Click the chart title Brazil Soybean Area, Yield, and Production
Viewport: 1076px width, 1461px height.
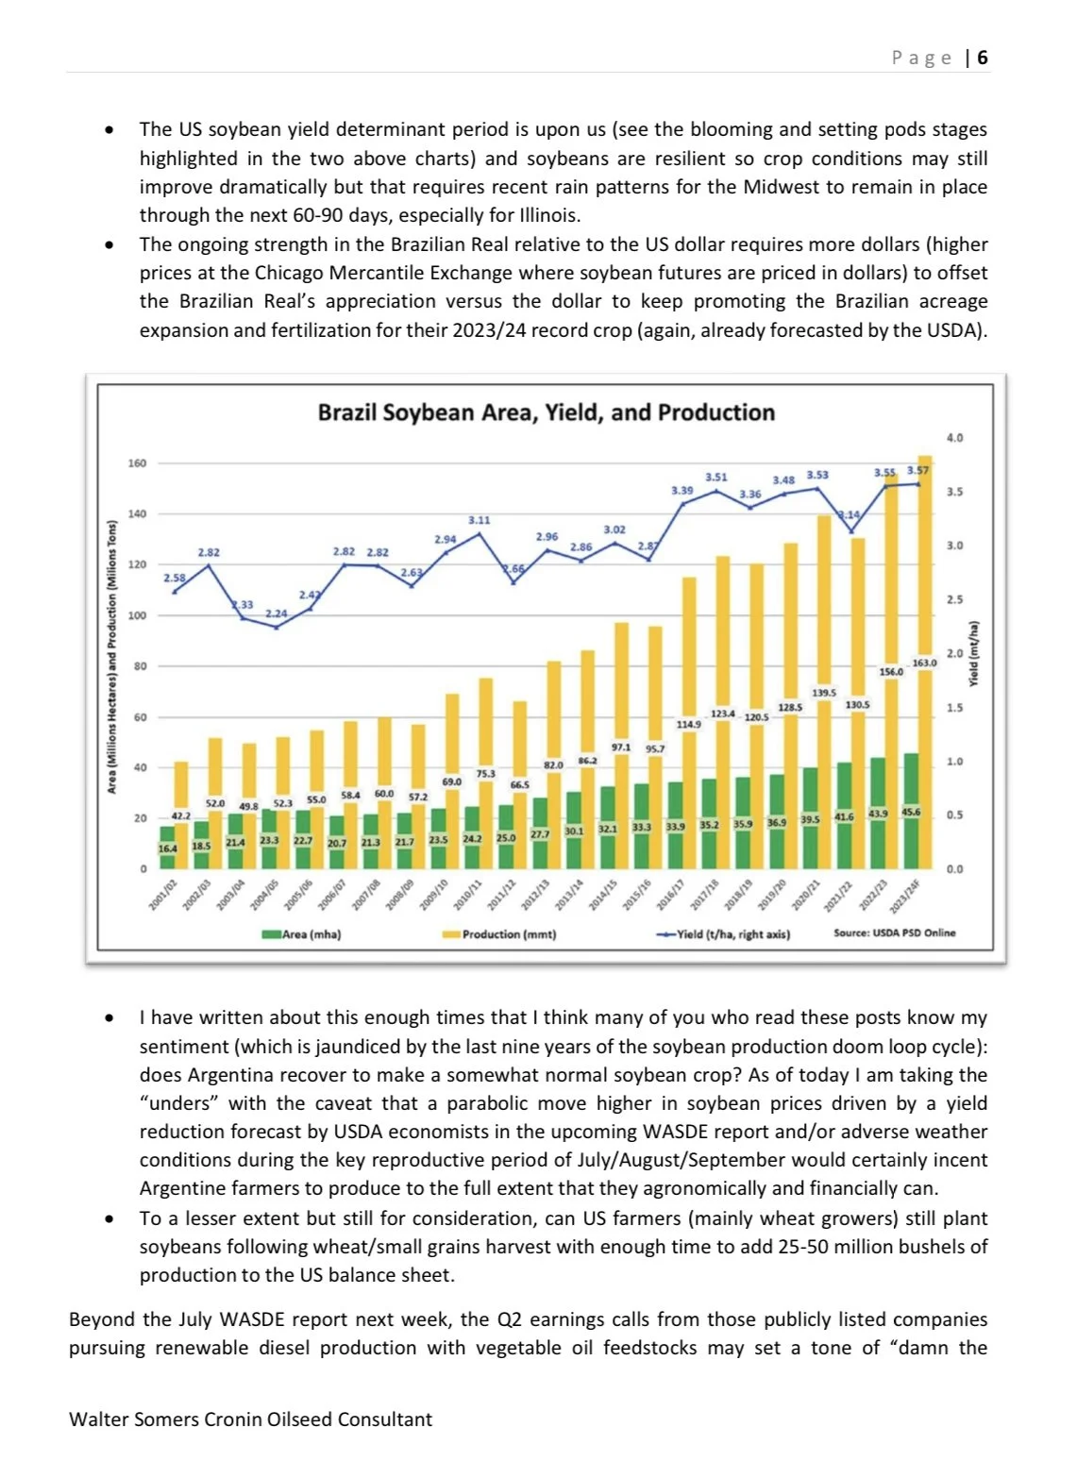[546, 412]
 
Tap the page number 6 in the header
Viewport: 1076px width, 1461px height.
[983, 58]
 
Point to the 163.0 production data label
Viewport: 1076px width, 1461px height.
[924, 663]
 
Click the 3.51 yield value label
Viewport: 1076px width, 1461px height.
[716, 478]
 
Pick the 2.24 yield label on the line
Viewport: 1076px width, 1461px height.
[276, 613]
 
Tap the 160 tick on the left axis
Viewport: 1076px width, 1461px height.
[137, 463]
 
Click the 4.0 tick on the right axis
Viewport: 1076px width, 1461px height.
[954, 438]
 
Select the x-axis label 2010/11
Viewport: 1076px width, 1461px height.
[468, 894]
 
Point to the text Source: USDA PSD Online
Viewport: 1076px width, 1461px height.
[894, 932]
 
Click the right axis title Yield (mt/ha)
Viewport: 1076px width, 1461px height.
[974, 653]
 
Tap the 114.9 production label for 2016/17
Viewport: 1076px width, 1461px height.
[688, 724]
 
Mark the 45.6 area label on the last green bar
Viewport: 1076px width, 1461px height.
[911, 812]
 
